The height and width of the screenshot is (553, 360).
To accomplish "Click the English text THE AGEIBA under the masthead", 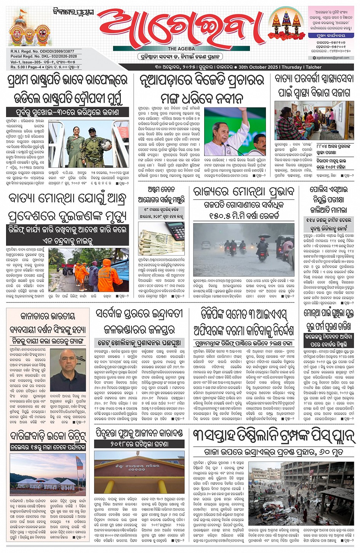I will (181, 49).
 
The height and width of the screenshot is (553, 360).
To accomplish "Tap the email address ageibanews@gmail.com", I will (333, 58).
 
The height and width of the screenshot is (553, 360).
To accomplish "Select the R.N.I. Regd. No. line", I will (42, 51).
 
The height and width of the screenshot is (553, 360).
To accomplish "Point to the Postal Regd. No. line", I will (44, 56).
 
